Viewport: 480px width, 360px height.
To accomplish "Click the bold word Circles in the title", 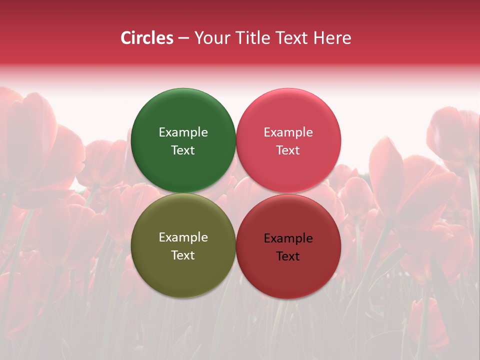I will tap(147, 38).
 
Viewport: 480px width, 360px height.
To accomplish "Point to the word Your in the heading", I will tap(210, 38).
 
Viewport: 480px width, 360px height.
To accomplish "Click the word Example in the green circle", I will tap(183, 132).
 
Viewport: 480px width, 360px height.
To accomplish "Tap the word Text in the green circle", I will tap(183, 150).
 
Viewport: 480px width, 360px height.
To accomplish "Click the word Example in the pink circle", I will tap(288, 132).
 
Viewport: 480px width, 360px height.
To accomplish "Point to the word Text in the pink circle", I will tap(288, 150).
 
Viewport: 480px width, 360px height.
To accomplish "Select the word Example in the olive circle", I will tap(183, 237).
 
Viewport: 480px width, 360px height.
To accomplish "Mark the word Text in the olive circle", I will tap(183, 255).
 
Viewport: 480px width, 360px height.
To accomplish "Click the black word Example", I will tap(288, 238).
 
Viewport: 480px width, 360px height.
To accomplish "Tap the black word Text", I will tap(288, 256).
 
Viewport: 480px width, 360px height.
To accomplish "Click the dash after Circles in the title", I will tap(183, 38).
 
